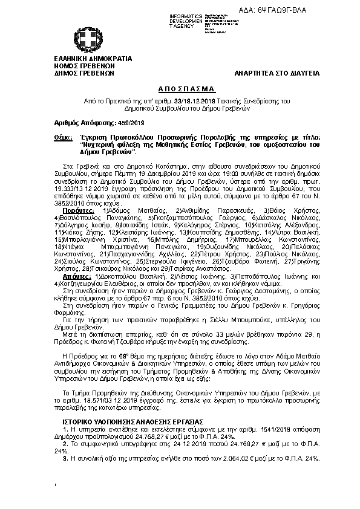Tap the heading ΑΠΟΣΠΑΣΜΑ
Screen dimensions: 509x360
(x=179, y=88)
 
